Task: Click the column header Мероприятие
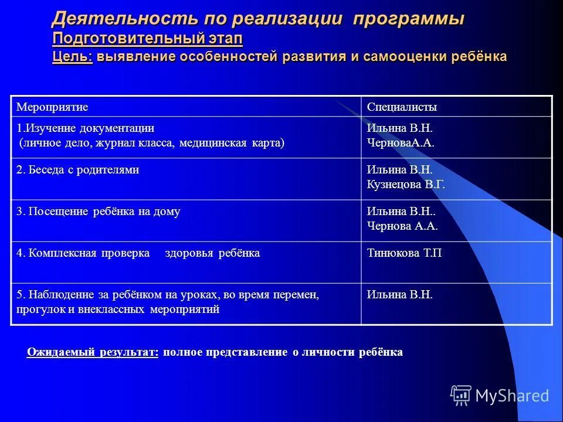[x=52, y=107]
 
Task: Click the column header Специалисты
[x=402, y=107]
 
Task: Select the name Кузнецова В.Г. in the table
[x=406, y=184]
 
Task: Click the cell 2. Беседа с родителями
[x=77, y=170]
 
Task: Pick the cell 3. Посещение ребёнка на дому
[x=98, y=212]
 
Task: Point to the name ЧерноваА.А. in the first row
[x=401, y=142]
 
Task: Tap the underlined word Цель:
[x=72, y=57]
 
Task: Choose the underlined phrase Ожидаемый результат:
[x=92, y=352]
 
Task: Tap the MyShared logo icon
[x=460, y=396]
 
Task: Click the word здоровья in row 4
[x=191, y=253]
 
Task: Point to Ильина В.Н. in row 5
[x=399, y=295]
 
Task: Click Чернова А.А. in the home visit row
[x=402, y=226]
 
